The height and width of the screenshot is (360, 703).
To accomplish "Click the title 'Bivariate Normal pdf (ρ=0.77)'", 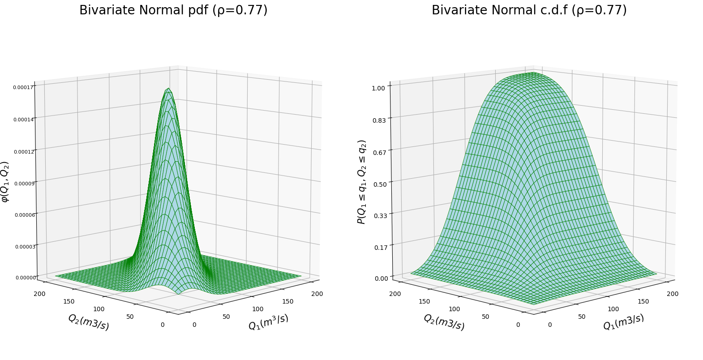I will pos(173,10).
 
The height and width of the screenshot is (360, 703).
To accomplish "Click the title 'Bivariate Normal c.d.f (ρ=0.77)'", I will pos(529,10).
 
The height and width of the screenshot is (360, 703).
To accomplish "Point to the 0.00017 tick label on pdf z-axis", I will pos(23,88).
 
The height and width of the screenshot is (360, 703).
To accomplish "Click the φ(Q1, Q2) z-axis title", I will pos(5,182).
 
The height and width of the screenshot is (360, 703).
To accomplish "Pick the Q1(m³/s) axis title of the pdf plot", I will pos(268,322).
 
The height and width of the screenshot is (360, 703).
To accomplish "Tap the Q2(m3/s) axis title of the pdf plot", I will pos(89,322).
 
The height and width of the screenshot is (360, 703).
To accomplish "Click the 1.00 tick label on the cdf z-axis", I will pos(378,88).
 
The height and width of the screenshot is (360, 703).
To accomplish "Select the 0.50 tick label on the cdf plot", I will pos(380,184).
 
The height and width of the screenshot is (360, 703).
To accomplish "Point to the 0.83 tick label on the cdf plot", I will pos(379,120).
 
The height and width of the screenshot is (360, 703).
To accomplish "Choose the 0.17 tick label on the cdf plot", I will pos(381,248).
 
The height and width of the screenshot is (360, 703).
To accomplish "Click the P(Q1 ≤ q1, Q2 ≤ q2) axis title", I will pos(362,182).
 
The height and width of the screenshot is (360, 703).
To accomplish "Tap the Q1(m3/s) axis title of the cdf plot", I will pos(623,322).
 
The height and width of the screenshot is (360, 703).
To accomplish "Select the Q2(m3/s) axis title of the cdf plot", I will pos(444,322).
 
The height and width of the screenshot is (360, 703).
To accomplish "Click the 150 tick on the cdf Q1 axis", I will pos(643,301).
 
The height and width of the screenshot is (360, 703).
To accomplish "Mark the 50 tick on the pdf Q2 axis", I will pos(130,317).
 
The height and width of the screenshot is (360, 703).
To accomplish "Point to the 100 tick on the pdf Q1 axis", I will pos(257,309).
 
